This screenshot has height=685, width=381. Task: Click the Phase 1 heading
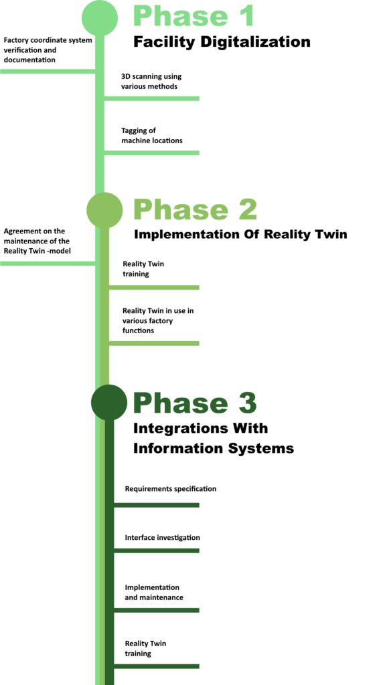[x=194, y=16]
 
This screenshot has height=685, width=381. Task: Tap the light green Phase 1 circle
[x=100, y=17]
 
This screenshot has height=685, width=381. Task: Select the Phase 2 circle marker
[x=104, y=209]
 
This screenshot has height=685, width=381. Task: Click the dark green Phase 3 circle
[x=109, y=402]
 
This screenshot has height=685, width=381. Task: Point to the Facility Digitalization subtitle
[x=222, y=42]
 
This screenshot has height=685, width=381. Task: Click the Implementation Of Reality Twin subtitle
[x=240, y=235]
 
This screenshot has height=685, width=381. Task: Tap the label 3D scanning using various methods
[x=151, y=81]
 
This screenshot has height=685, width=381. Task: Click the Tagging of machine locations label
[x=152, y=135]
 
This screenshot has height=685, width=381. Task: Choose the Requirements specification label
[x=171, y=488]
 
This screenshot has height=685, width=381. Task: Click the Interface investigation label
[x=162, y=537]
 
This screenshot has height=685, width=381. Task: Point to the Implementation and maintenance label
[x=154, y=592]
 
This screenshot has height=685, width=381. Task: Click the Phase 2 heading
[x=195, y=209]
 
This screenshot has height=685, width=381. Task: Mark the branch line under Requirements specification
[x=157, y=505]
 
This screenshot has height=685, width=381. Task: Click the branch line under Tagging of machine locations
[x=152, y=153]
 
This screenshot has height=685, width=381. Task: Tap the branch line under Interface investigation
[x=157, y=551]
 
